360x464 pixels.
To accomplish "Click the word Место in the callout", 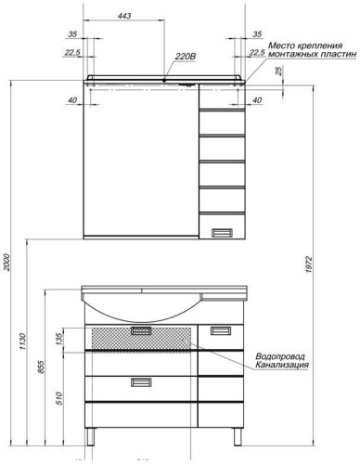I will tap(282, 46).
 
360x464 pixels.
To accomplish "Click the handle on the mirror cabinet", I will tap(225, 232).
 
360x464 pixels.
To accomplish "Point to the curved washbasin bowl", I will tap(139, 307).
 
